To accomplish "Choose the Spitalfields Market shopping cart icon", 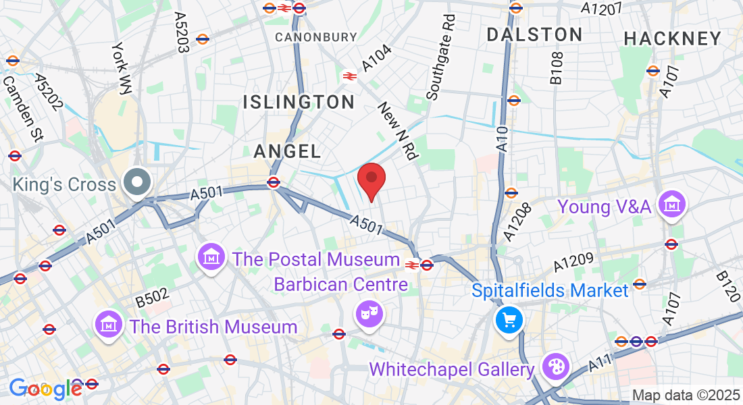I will click(509, 319).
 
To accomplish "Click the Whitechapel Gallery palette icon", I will click(557, 368).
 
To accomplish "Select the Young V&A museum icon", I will click(673, 204).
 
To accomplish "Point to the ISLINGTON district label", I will click(299, 103).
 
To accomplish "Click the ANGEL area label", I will click(286, 152).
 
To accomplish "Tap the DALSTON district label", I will click(534, 34).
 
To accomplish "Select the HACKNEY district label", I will click(673, 39).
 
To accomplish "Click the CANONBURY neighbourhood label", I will click(315, 36).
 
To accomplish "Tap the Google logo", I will click(45, 388).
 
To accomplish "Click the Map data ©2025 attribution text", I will click(685, 395).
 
